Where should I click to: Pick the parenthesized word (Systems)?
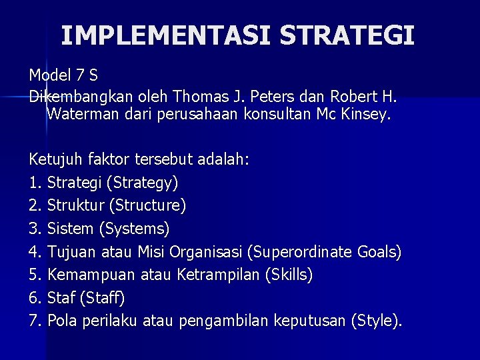(x=134, y=229)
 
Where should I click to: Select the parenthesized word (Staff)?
(x=105, y=298)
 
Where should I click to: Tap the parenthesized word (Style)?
(x=377, y=321)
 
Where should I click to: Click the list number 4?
(x=35, y=252)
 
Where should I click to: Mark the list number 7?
(x=35, y=321)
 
